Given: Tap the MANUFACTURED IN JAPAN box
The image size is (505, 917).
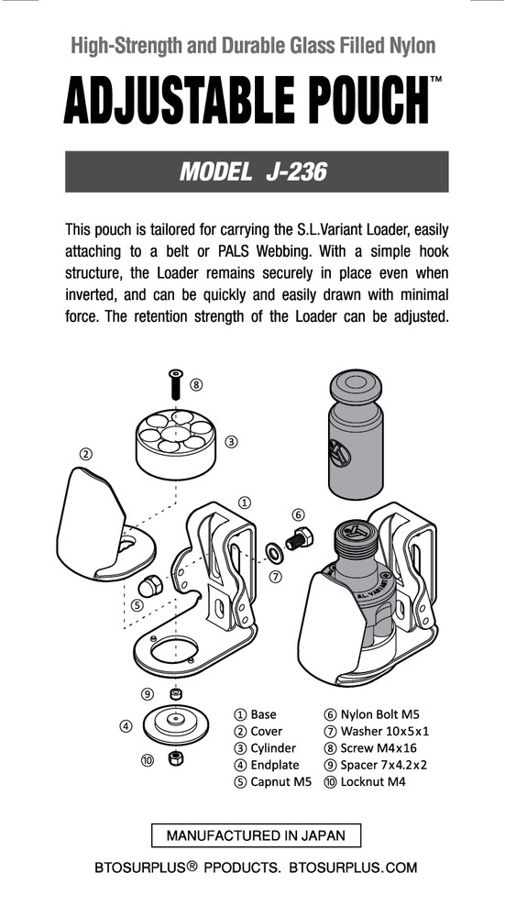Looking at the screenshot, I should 256,835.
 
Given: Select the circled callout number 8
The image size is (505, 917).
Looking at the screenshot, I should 196,384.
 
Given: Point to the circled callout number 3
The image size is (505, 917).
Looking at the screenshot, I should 232,441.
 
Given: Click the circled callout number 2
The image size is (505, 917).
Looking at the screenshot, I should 85,453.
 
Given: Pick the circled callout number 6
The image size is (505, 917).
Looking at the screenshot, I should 298,514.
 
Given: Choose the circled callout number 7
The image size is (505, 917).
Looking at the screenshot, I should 275,577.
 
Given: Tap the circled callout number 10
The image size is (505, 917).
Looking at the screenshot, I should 147,759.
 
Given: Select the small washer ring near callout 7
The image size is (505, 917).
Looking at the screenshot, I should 273,552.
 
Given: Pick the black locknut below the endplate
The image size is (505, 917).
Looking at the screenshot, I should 174,758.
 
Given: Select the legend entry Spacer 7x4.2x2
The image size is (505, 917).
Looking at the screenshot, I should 381,766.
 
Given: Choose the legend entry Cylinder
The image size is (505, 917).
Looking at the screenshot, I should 265,748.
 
